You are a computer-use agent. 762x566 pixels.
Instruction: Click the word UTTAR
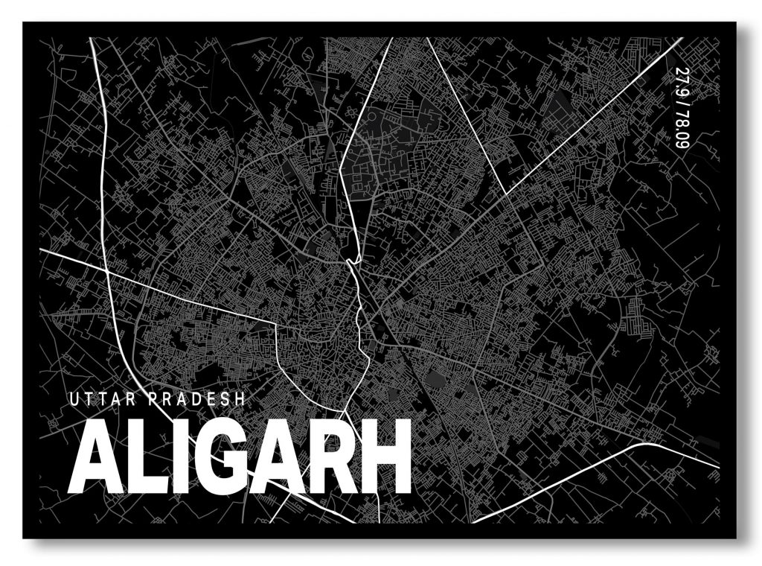(x=100, y=400)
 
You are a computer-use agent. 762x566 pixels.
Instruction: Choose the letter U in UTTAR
(x=73, y=400)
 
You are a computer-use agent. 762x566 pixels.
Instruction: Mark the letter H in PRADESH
(x=239, y=400)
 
